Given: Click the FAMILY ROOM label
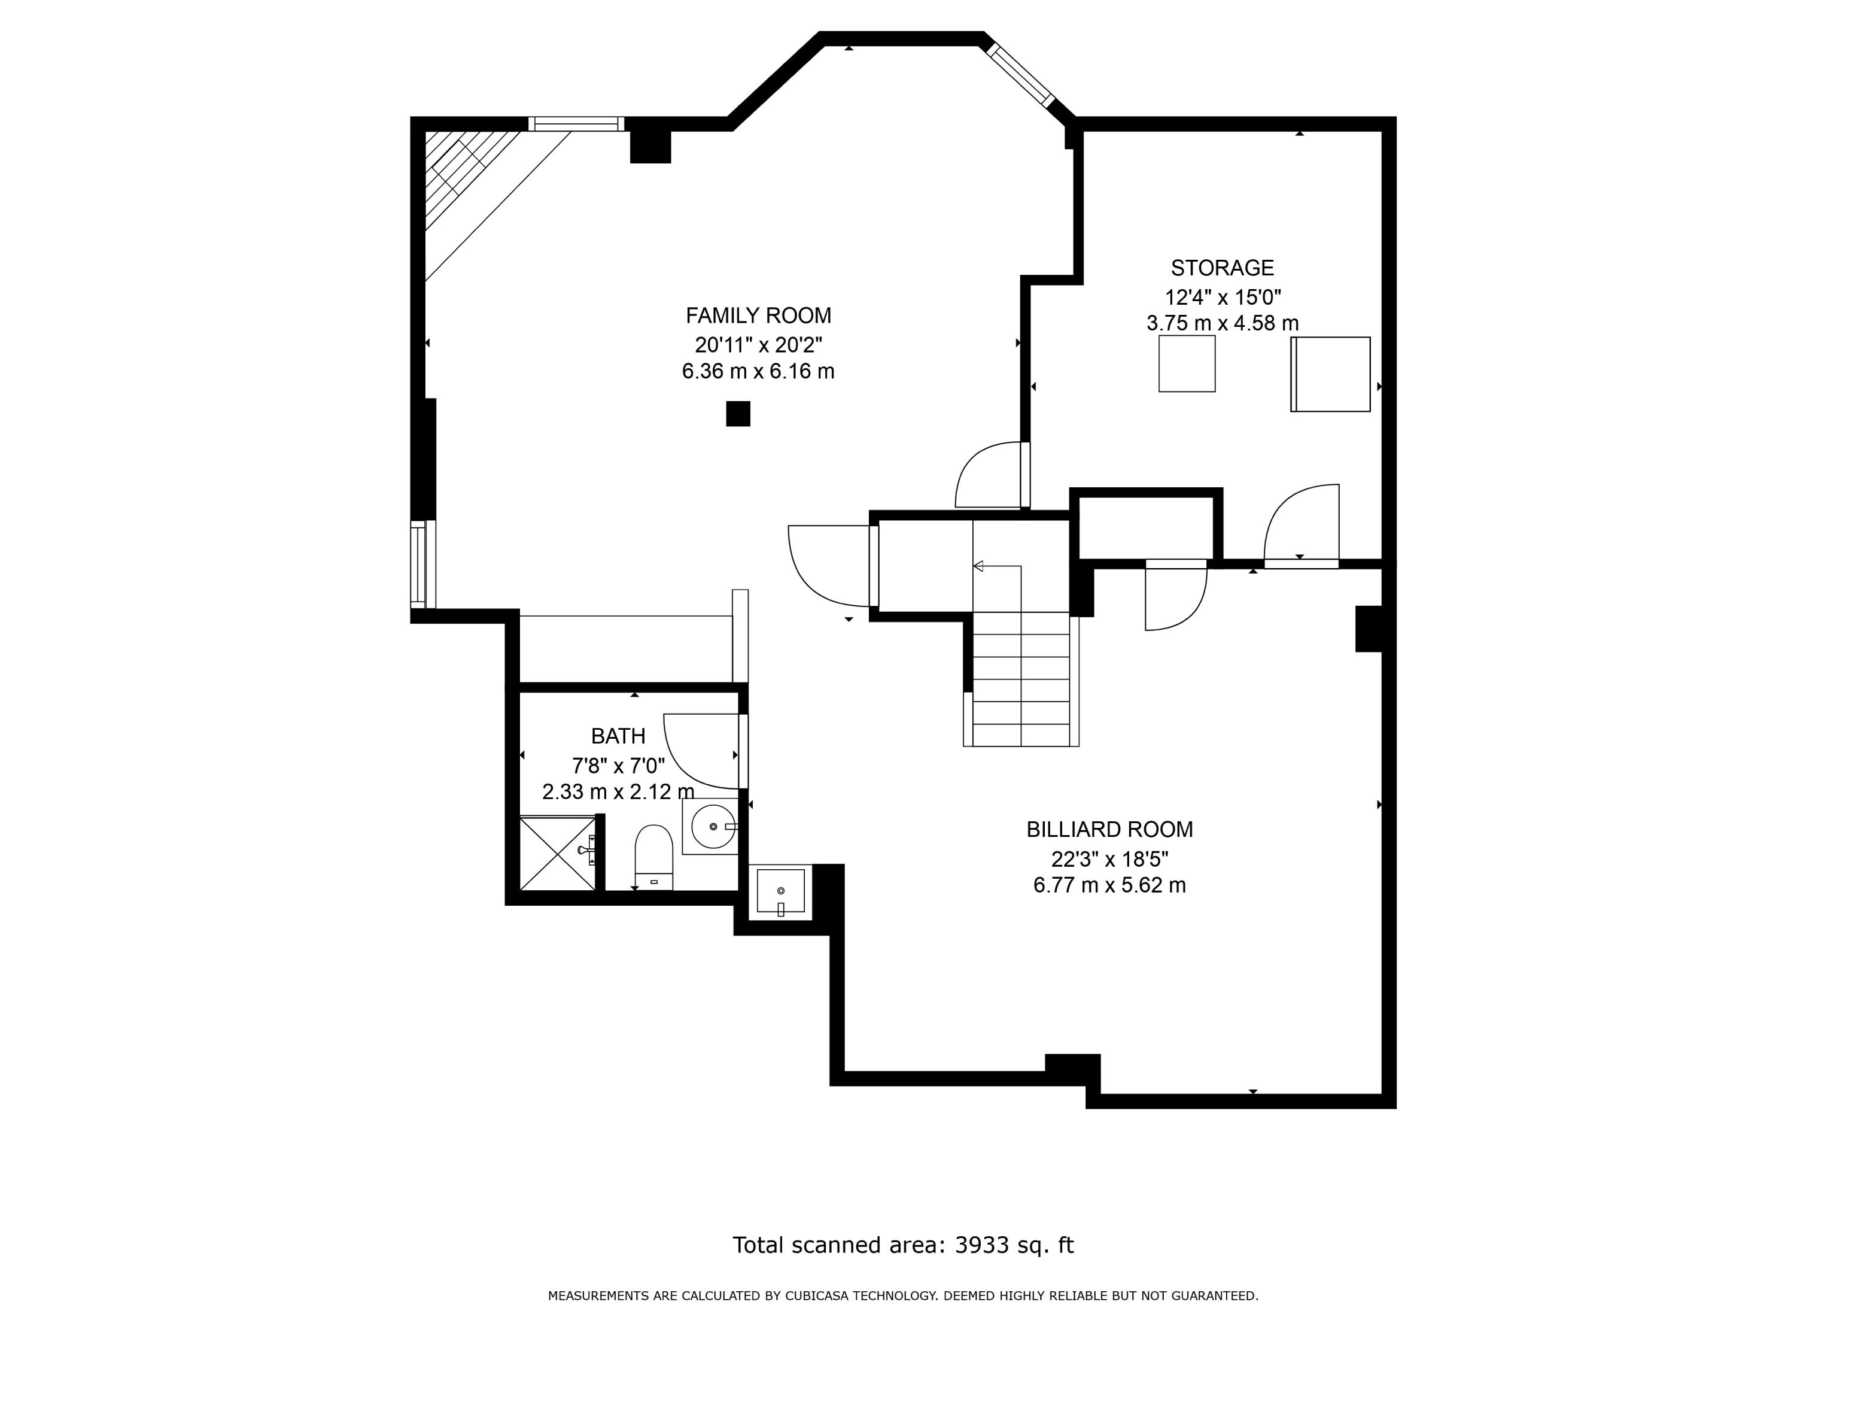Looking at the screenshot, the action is pos(758,315).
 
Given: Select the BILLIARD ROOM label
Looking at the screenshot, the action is pos(1109,830).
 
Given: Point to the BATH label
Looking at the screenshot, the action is pos(618,736).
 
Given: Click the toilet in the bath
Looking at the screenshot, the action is pos(653,857).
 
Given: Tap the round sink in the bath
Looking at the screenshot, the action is pos(713,826).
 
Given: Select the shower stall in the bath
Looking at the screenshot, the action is pos(558,853).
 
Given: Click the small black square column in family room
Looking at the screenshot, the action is pos(738,414).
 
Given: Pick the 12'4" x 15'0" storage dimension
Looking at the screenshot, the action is pos(1223,298).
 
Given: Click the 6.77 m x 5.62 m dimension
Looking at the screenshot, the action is pos(1109,885).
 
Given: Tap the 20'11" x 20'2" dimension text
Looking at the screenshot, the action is pos(758,345).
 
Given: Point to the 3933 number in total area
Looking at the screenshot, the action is pos(981,1245).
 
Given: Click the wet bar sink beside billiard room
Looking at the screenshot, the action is pos(780,892).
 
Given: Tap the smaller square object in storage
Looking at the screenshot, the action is pos(1187,363).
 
